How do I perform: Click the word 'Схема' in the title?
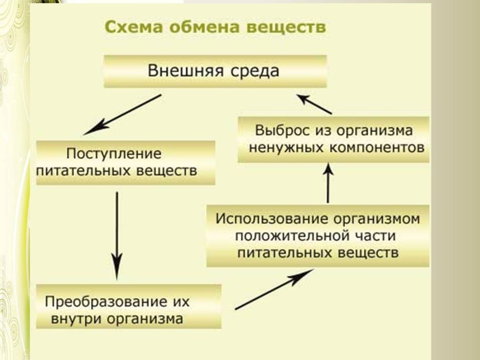pos(127,27)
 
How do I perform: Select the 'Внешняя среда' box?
pos(214,71)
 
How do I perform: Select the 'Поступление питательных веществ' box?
pos(126,162)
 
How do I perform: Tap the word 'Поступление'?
pos(113,154)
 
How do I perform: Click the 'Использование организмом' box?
pos(318,236)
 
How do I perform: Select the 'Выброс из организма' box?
pos(333,139)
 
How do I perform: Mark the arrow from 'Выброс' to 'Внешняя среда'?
pos(313,104)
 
